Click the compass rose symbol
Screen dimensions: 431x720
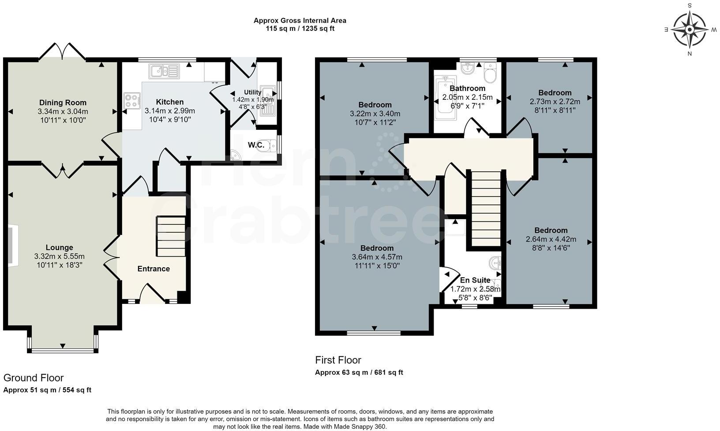pos(690,30)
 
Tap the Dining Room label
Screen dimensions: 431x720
pos(63,103)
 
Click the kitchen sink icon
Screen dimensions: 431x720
pos(164,71)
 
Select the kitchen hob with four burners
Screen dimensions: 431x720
pos(132,100)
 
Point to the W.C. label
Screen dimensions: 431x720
pos(256,145)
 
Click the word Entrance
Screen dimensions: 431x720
pos(153,268)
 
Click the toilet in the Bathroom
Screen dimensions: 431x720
pos(490,73)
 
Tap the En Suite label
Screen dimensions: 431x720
pos(475,280)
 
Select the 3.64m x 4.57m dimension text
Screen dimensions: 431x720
pos(377,257)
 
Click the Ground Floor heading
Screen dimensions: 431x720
pos(34,378)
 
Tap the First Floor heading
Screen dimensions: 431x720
pos(338,360)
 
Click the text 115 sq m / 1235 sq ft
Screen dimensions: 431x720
pos(300,29)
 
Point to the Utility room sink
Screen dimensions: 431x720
pos(267,100)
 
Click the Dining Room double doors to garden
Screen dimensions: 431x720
pos(62,52)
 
